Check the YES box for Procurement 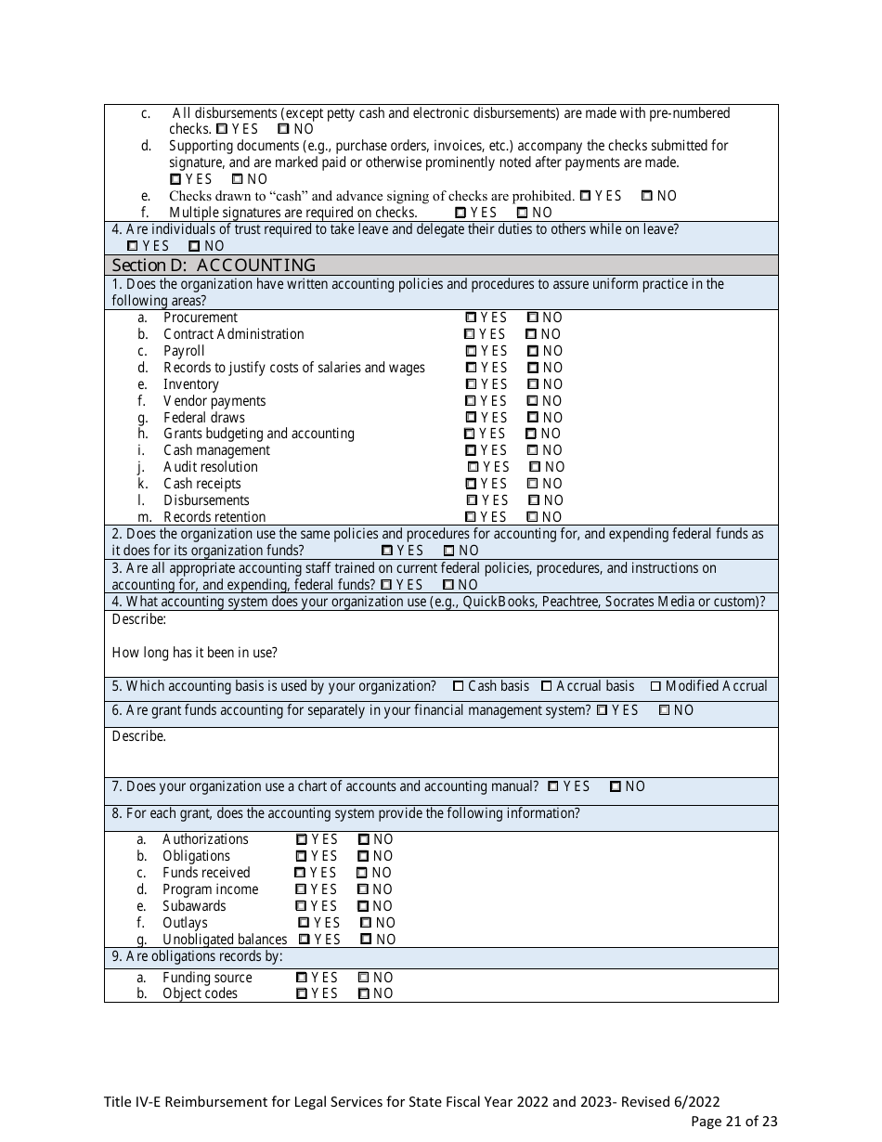pos(471,318)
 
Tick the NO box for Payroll pos(532,351)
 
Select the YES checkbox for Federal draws pos(471,418)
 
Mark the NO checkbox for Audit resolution pos(535,467)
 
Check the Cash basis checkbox pos(459,686)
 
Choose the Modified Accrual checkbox pos(655,686)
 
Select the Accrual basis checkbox pos(547,686)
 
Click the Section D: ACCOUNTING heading pos(214,265)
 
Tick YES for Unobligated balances pos(304,940)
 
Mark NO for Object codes pos(363,993)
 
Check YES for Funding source pos(301,978)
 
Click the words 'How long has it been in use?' pos(194,653)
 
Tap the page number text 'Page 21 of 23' pos(734,1121)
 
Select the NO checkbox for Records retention pos(532,517)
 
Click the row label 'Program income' pos(210,889)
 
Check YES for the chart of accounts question pos(553,786)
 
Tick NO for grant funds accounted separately pos(664,710)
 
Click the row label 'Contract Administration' pos(233,334)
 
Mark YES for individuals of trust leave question pos(132,246)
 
